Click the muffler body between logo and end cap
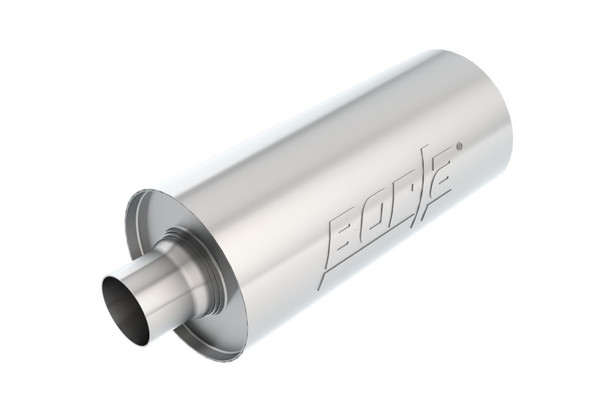click(270, 220)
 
